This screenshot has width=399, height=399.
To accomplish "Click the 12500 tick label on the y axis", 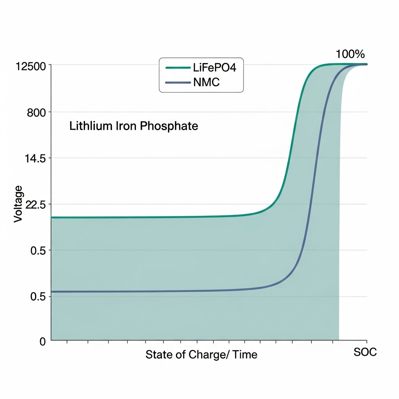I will click(x=31, y=66).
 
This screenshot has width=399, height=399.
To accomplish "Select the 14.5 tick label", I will click(x=35, y=159).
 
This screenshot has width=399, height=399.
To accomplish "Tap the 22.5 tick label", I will click(x=35, y=205).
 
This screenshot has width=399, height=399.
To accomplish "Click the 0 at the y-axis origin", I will click(x=42, y=342).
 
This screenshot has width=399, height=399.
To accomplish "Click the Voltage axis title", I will click(x=18, y=204).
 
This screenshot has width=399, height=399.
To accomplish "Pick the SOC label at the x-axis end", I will click(x=365, y=352).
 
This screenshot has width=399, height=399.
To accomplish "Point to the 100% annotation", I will click(x=350, y=54).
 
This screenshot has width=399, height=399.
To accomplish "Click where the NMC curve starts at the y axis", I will click(x=52, y=291).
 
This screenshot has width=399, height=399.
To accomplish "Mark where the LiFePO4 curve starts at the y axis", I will click(x=52, y=217).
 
